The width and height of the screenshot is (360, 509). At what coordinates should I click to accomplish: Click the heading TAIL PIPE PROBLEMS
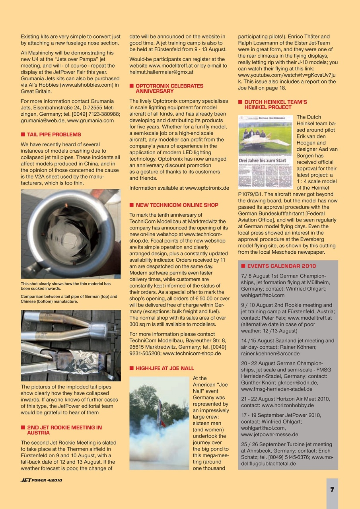[x=54, y=134]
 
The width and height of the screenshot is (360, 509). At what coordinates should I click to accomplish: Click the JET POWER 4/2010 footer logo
[x=41, y=480]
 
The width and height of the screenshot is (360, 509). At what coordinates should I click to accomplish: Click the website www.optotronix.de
[x=207, y=188]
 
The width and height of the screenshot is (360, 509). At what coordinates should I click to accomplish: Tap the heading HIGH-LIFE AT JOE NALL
[x=165, y=368]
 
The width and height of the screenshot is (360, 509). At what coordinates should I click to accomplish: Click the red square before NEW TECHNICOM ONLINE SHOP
[x=131, y=205]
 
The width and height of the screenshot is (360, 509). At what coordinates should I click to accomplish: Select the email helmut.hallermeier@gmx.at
[x=162, y=72]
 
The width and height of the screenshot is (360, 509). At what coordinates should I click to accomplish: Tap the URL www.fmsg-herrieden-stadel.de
[x=276, y=389]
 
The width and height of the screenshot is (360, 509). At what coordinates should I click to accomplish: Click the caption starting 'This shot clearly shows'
[x=66, y=286]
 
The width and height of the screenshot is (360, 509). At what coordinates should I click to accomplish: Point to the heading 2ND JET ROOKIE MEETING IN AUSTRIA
[x=64, y=430]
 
